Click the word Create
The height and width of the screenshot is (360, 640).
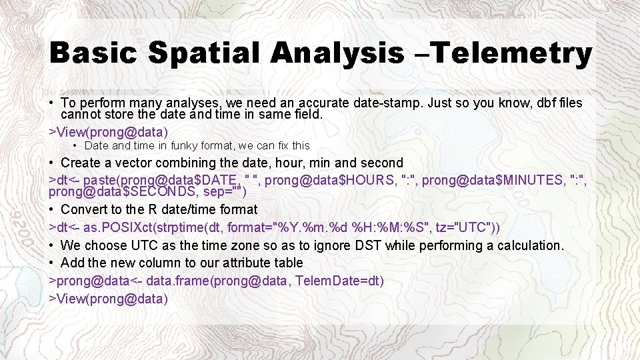[x=81, y=163]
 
